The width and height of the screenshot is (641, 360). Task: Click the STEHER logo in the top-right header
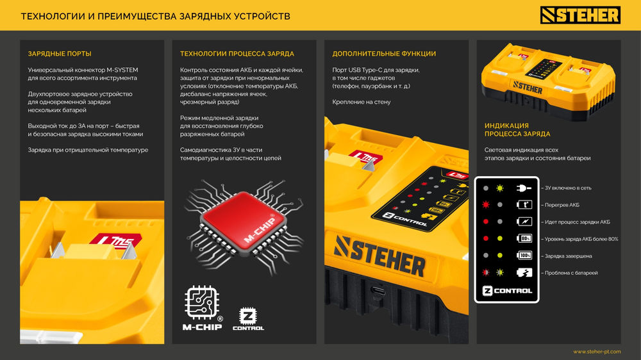tap(580, 15)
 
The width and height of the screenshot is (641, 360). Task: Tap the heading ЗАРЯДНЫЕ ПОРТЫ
tap(60, 54)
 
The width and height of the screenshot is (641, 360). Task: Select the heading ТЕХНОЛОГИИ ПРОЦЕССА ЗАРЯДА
tap(237, 54)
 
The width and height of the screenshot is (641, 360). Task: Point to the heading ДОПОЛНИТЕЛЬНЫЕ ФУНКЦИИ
tap(384, 54)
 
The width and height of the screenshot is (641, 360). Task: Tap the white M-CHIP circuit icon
tap(202, 303)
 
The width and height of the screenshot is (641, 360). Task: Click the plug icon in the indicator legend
tap(524, 189)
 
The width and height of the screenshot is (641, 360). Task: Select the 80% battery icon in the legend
tap(524, 239)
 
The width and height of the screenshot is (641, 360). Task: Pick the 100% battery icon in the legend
tap(524, 256)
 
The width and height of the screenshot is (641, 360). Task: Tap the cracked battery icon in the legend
tap(524, 273)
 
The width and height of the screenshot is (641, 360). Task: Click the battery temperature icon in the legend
tap(524, 205)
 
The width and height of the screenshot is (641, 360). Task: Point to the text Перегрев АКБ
tap(561, 205)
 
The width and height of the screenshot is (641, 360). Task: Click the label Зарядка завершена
tap(567, 256)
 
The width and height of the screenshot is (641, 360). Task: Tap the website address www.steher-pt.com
tap(596, 352)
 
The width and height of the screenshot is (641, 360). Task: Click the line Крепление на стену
tap(362, 102)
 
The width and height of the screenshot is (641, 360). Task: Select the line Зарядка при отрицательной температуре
tap(88, 150)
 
